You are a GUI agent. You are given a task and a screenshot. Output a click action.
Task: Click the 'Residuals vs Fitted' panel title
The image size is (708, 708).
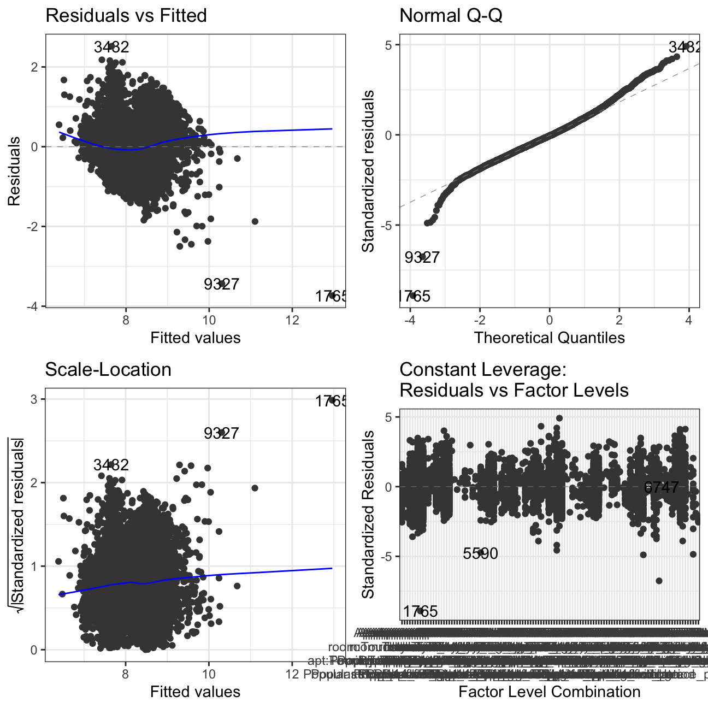[x=126, y=15]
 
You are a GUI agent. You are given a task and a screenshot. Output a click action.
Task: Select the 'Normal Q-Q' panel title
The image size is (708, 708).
[x=451, y=15]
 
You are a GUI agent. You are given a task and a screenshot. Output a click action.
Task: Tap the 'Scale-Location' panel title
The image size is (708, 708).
[x=108, y=369]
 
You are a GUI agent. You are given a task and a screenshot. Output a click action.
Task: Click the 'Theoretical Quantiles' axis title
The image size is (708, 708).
[x=549, y=338]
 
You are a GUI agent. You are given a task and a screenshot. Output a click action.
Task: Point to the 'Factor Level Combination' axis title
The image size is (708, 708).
[x=549, y=692]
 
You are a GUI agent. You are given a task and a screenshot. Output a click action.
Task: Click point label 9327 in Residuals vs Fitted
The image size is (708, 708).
[x=221, y=285]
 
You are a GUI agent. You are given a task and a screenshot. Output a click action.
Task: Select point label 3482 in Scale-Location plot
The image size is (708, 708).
[x=111, y=465]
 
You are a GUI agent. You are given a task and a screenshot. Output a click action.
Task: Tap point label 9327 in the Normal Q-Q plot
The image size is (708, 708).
[x=422, y=257]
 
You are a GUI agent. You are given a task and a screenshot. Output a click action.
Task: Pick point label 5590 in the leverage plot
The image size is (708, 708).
[x=480, y=553]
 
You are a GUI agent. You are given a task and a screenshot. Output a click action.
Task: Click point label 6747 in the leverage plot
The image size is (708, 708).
[x=661, y=488]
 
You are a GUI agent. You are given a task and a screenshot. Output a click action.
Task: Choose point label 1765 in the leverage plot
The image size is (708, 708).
[x=420, y=611]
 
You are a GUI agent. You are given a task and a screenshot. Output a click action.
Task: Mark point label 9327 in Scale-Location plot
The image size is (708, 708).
[x=221, y=433]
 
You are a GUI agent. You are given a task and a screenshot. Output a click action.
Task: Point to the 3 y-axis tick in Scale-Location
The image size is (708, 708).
[x=34, y=399]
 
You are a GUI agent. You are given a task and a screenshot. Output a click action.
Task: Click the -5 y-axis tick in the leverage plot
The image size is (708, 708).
[x=388, y=557]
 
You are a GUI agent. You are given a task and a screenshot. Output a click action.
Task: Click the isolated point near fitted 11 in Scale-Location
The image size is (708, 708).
[x=255, y=488]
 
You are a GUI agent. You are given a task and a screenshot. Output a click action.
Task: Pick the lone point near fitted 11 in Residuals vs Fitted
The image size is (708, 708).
[x=255, y=221]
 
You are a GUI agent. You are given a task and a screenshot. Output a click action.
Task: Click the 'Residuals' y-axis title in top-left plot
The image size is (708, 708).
[x=14, y=171]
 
